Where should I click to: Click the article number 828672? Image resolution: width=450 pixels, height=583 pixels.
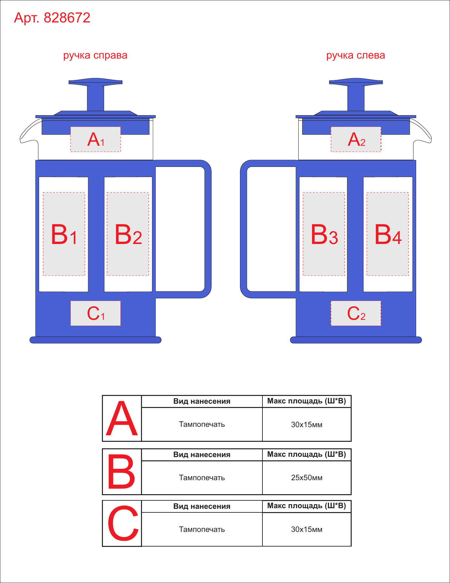click(x=67, y=18)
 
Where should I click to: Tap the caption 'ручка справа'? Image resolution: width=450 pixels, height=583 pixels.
click(x=95, y=56)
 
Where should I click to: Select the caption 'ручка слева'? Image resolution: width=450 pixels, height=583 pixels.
click(x=356, y=56)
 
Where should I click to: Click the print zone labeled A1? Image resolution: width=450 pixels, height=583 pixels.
click(x=96, y=139)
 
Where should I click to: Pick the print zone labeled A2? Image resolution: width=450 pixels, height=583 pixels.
click(x=356, y=139)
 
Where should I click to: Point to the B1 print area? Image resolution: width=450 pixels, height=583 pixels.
click(x=64, y=234)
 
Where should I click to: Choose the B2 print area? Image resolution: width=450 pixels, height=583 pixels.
click(x=128, y=234)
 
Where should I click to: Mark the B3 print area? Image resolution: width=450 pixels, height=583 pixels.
click(x=324, y=234)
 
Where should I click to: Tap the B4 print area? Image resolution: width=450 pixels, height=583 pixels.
click(x=387, y=234)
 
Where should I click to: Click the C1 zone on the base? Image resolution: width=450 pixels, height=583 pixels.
click(x=96, y=313)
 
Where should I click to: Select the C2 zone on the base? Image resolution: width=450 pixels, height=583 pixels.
click(x=356, y=313)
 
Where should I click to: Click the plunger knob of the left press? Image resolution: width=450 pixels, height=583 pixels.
click(x=95, y=82)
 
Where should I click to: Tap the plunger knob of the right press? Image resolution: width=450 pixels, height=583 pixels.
click(x=356, y=82)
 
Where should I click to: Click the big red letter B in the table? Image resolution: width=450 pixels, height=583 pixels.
click(x=121, y=472)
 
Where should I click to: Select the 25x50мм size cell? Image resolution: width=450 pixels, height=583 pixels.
click(x=307, y=478)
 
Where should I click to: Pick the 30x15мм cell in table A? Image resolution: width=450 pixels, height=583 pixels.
click(x=307, y=424)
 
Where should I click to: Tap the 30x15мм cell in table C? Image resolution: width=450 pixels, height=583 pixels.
click(x=307, y=529)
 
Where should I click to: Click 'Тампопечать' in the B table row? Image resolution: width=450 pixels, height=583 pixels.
click(x=202, y=478)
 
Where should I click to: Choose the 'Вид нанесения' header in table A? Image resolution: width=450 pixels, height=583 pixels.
click(x=202, y=401)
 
